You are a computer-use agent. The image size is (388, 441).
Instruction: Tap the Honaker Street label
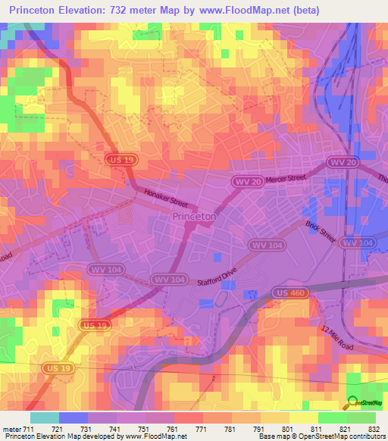click(164, 199)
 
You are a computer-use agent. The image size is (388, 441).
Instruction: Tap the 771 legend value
click(200, 430)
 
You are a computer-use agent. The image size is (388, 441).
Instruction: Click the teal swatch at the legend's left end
click(44, 418)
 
